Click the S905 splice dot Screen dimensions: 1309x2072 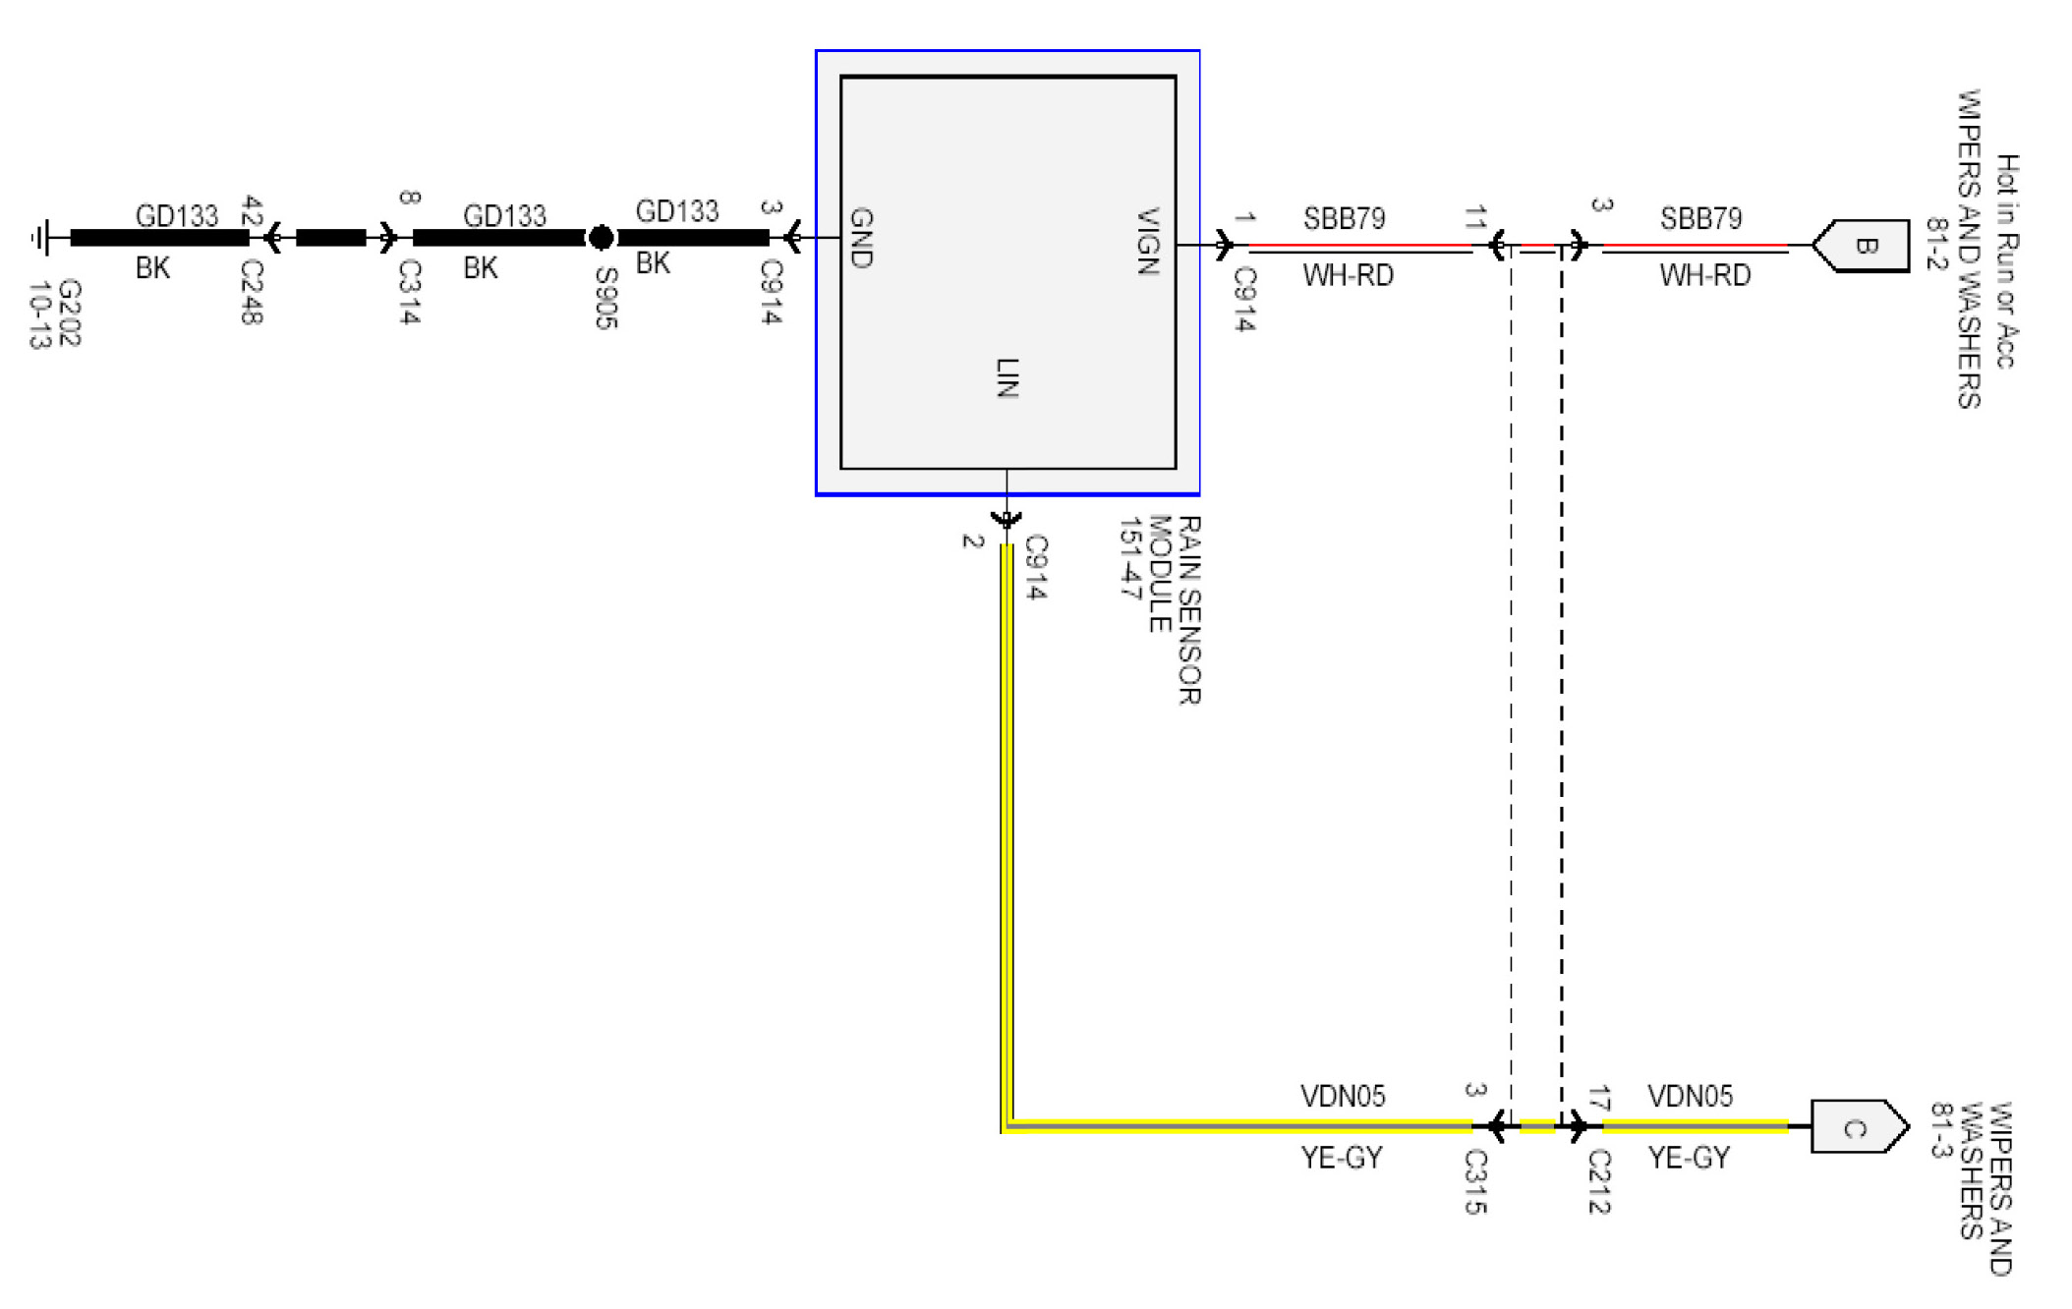601,238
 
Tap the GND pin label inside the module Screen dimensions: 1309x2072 861,238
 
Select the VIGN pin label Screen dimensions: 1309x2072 1147,241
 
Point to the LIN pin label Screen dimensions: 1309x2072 1007,378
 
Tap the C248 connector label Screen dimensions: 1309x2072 252,292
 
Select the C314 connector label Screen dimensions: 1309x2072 410,292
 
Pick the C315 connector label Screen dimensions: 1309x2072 1475,1182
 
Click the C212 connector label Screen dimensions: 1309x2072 1599,1182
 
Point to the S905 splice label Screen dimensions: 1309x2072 606,299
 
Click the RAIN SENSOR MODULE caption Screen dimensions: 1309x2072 1160,609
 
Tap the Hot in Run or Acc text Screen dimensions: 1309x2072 2006,261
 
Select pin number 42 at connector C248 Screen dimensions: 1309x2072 252,211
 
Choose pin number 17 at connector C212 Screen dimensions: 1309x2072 1599,1099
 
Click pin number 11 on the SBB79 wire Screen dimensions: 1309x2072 1475,218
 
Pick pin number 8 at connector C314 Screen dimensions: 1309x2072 410,198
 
